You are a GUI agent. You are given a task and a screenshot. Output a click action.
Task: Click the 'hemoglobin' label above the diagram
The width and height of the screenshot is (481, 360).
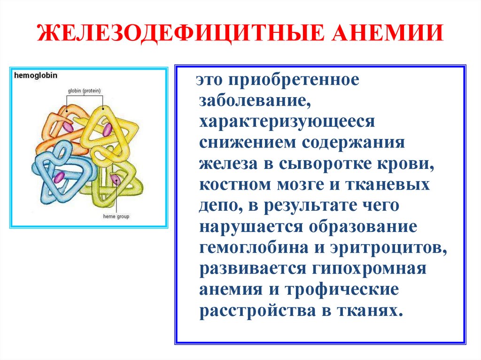pos(36,75)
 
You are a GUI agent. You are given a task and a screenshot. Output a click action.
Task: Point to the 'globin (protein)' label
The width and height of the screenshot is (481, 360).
pos(84,91)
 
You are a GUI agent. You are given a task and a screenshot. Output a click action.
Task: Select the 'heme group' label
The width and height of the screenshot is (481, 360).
pos(116,217)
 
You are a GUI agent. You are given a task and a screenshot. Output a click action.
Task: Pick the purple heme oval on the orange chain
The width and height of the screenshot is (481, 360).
pos(69,127)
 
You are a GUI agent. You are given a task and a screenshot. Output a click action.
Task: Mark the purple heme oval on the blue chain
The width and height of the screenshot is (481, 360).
pos(59,177)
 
